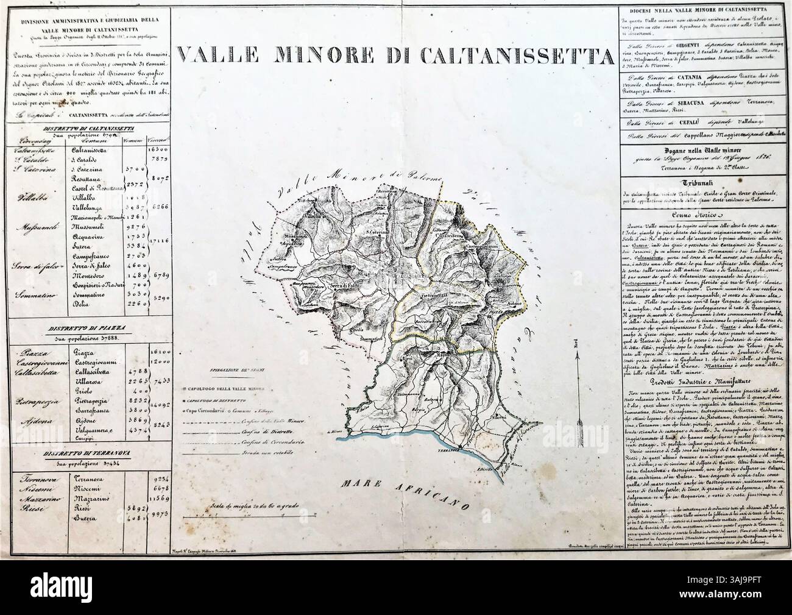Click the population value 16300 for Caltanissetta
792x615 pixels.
coord(158,148)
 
